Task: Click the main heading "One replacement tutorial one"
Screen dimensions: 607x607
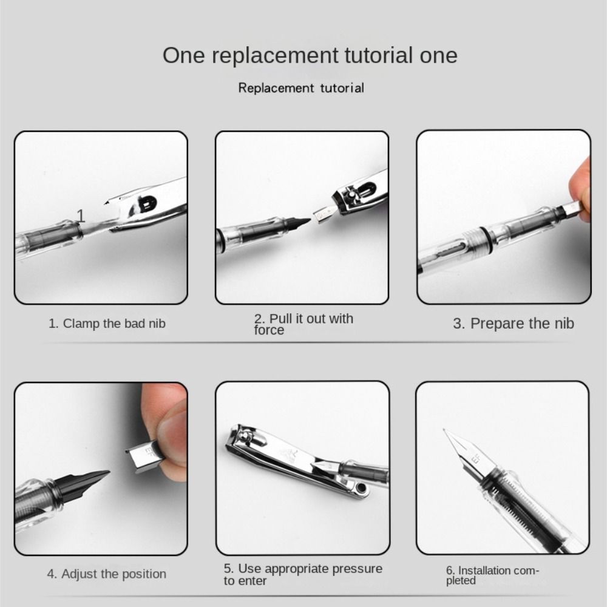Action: [310, 55]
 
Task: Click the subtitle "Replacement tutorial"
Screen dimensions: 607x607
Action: [301, 88]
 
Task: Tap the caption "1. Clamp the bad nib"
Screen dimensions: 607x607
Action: [107, 324]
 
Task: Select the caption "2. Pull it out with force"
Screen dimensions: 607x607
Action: [303, 324]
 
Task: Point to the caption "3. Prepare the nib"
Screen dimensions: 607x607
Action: [514, 324]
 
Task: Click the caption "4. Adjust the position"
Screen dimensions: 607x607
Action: [106, 574]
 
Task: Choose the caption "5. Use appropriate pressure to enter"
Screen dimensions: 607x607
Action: [303, 574]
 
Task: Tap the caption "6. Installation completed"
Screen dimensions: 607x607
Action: [492, 575]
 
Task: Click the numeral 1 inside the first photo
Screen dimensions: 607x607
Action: [81, 215]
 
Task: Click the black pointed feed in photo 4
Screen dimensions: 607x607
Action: [83, 483]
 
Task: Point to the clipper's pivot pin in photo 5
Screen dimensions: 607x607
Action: [245, 436]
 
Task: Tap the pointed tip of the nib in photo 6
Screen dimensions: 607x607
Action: [444, 430]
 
